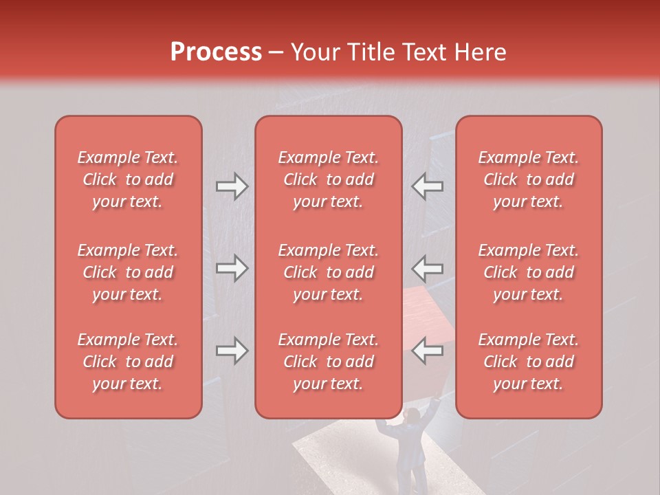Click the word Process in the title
pyautogui.click(x=216, y=52)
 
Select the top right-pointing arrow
pyautogui.click(x=232, y=186)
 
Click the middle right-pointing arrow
pyautogui.click(x=232, y=268)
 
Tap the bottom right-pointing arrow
pyautogui.click(x=232, y=351)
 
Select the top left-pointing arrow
pyautogui.click(x=427, y=186)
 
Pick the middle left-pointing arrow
pyautogui.click(x=427, y=268)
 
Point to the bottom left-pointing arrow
pyautogui.click(x=427, y=351)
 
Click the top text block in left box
pyautogui.click(x=128, y=179)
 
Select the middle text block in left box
pyautogui.click(x=128, y=272)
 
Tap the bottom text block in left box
pyautogui.click(x=128, y=362)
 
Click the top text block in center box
pyautogui.click(x=328, y=179)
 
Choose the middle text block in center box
pyautogui.click(x=328, y=272)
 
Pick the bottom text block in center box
pyautogui.click(x=328, y=362)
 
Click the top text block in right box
pyautogui.click(x=529, y=179)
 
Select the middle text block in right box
pyautogui.click(x=529, y=272)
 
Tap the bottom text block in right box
pyautogui.click(x=529, y=362)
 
